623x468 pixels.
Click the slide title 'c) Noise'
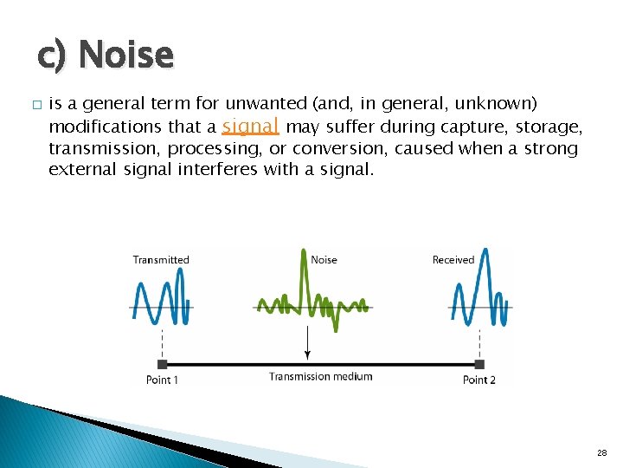click(105, 55)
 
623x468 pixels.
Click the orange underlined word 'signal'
click(250, 127)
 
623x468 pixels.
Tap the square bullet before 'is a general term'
click(35, 105)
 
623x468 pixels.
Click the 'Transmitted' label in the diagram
click(161, 259)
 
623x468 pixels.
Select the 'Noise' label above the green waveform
click(324, 259)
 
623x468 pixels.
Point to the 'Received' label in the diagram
click(453, 259)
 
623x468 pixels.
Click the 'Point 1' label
click(164, 380)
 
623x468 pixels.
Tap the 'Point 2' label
click(479, 380)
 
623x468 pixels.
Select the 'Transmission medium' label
click(320, 376)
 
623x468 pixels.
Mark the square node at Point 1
click(162, 364)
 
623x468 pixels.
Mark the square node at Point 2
click(479, 364)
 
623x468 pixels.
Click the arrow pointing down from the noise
click(307, 347)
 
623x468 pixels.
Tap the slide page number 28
click(601, 453)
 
